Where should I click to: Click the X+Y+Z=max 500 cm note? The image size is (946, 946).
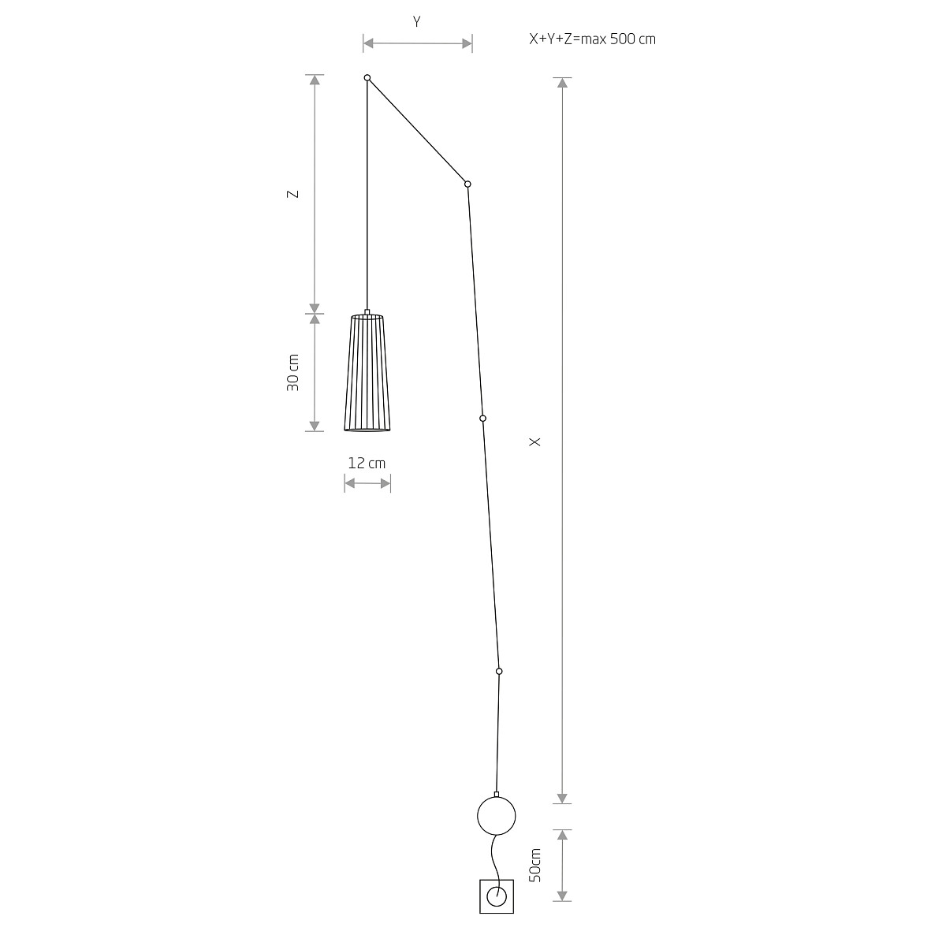[592, 39]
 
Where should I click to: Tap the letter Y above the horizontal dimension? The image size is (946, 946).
[417, 22]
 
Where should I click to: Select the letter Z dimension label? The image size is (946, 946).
[292, 194]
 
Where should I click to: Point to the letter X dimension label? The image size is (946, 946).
[534, 441]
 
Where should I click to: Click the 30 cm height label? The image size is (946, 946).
[292, 373]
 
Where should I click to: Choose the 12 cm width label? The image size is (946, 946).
[367, 463]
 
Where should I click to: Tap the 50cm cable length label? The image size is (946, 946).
[535, 865]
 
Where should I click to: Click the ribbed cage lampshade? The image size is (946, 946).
[367, 373]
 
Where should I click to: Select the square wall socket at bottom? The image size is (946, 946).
[497, 896]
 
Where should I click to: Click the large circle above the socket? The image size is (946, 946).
[497, 816]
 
